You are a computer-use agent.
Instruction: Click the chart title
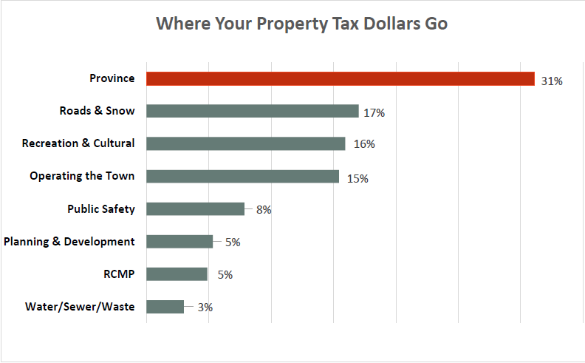[301, 24]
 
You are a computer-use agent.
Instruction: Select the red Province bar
[340, 79]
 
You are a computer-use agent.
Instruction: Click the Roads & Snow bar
[252, 112]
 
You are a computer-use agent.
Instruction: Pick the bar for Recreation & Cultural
[245, 144]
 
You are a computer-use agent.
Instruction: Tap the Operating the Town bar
[242, 177]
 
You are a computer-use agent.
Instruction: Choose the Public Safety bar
[195, 209]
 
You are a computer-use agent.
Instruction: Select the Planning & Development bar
[179, 242]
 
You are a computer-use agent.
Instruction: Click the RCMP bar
[177, 274]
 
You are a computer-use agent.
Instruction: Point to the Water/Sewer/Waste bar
[165, 307]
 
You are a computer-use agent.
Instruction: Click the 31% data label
[551, 81]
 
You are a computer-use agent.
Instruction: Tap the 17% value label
[374, 114]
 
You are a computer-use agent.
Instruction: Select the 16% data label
[364, 145]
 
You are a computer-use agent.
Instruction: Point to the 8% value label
[264, 210]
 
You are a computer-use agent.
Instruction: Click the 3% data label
[205, 308]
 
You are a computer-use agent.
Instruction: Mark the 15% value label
[357, 179]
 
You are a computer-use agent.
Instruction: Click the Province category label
[112, 78]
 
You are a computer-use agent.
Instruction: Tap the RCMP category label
[119, 274]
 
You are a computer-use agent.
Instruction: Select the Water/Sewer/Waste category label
[80, 306]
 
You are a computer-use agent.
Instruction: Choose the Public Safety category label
[101, 208]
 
